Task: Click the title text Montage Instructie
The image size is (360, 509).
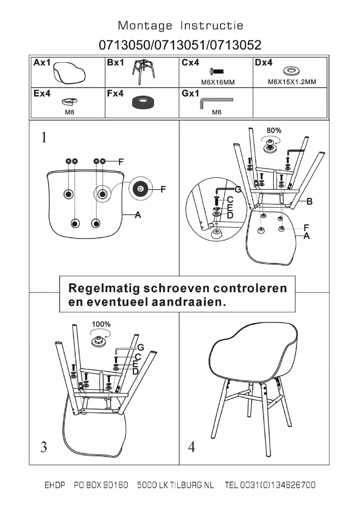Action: click(180, 26)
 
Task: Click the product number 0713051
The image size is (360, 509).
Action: click(180, 45)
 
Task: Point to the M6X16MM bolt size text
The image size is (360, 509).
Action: click(217, 82)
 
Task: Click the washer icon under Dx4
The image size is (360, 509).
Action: click(292, 71)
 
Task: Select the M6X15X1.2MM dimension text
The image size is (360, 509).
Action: click(292, 82)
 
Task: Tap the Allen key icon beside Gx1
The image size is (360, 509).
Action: click(216, 102)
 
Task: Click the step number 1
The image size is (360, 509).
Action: click(44, 137)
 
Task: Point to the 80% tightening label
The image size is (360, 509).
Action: click(274, 131)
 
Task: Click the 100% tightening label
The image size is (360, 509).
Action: click(101, 324)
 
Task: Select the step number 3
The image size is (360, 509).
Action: click(44, 447)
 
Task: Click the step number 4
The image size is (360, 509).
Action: click(192, 447)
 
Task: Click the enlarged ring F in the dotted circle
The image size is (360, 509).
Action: click(140, 189)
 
